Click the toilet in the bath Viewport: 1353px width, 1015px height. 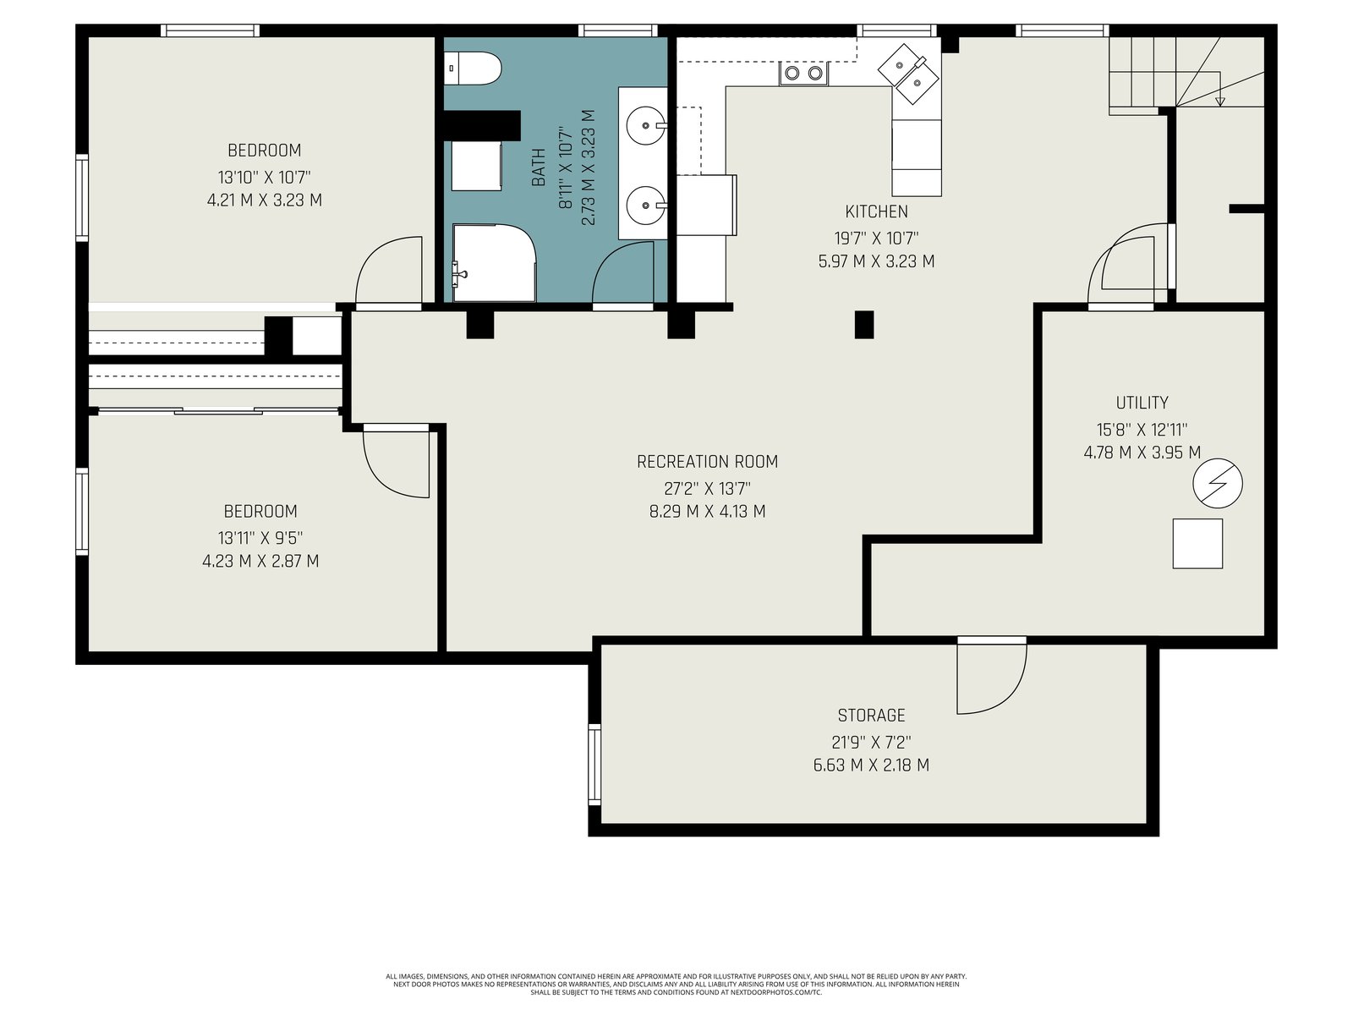(472, 69)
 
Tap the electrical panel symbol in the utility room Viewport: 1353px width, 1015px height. (1217, 483)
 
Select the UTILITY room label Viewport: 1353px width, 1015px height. (1142, 403)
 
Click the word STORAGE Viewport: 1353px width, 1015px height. (870, 715)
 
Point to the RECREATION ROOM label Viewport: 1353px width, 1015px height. (707, 462)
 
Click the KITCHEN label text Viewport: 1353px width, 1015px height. (876, 211)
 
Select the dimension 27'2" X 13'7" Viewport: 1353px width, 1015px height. (707, 489)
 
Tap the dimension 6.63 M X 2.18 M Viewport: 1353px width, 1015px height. (870, 765)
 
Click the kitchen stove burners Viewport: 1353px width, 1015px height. (803, 74)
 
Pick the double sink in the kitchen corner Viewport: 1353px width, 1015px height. (908, 74)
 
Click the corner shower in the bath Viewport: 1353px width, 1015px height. (494, 263)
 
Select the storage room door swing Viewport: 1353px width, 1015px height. (991, 678)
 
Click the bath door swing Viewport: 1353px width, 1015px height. (622, 272)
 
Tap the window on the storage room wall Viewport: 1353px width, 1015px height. (594, 764)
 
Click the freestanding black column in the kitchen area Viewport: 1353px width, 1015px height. (863, 325)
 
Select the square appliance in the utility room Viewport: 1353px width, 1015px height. (1197, 544)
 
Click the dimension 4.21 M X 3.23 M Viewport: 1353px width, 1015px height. (265, 200)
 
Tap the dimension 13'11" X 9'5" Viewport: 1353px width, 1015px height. (260, 538)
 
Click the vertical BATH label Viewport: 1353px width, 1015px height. (538, 167)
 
